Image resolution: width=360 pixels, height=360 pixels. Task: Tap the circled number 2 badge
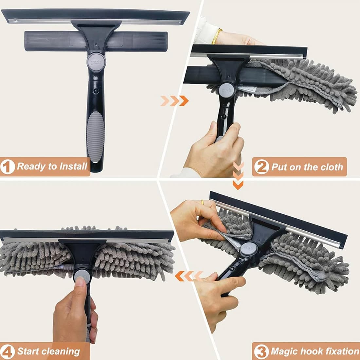click(x=261, y=167)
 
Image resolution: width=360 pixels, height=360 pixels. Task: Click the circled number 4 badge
click(x=8, y=352)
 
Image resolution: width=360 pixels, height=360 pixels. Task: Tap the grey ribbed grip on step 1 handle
click(x=96, y=136)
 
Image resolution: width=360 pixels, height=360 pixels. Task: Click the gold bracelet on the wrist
click(x=217, y=36)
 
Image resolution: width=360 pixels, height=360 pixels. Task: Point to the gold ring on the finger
click(x=203, y=202)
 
